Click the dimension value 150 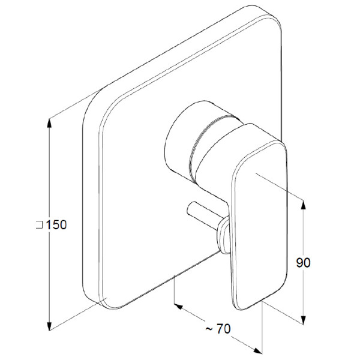click(x=56, y=225)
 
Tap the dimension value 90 click(x=303, y=263)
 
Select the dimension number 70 click(x=223, y=329)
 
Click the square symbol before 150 click(x=39, y=225)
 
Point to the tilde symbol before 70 click(x=209, y=329)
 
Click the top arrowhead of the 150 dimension click(x=49, y=123)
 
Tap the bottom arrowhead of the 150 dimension click(x=49, y=326)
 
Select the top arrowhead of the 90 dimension click(x=303, y=205)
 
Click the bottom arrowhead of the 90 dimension click(x=303, y=320)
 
